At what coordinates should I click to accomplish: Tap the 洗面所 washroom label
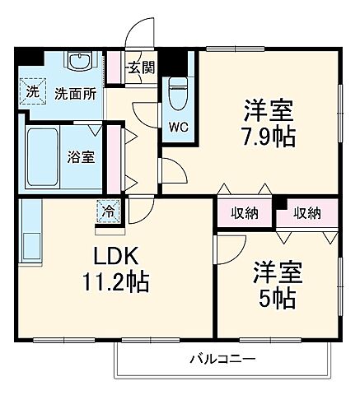[75, 93]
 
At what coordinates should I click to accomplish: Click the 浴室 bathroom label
[80, 156]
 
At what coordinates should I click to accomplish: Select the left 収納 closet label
[245, 213]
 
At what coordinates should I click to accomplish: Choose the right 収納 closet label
[306, 213]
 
